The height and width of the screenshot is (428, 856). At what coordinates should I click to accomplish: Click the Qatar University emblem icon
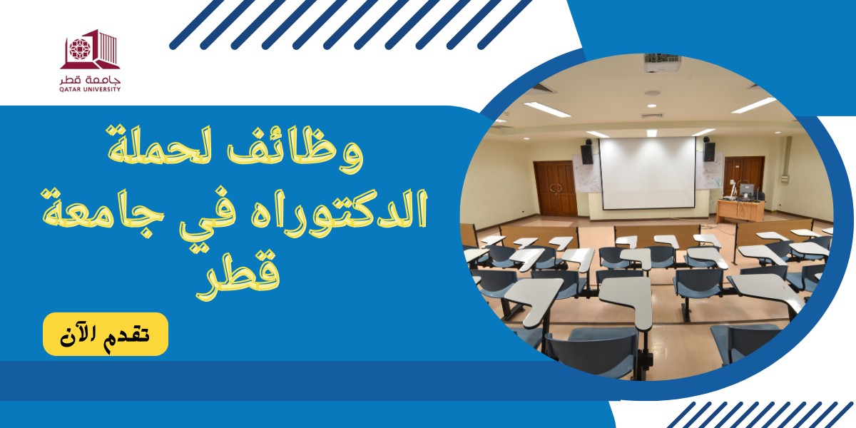[x=90, y=49]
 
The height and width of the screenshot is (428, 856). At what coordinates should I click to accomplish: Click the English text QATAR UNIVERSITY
[x=90, y=89]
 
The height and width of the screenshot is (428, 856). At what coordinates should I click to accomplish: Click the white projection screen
[x=648, y=173]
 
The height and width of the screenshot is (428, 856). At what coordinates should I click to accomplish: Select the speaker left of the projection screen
[x=587, y=152]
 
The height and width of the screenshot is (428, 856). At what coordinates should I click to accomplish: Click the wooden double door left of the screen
[x=556, y=189]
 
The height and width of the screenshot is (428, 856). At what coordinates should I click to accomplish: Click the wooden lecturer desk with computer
[x=740, y=210]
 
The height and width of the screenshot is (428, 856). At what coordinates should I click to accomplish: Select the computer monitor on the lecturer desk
[x=748, y=190]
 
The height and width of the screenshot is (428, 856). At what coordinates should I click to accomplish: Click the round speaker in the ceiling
[x=652, y=93]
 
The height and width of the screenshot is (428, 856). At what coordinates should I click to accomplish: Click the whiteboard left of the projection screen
[x=586, y=173]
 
